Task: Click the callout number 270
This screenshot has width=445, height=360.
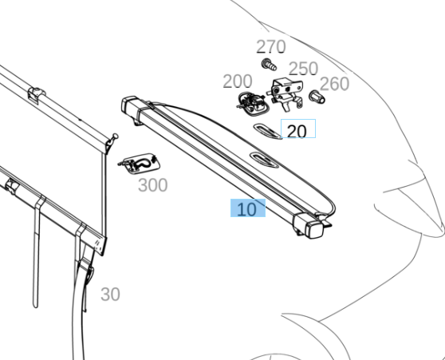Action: (270, 46)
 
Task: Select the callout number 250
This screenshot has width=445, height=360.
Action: (303, 69)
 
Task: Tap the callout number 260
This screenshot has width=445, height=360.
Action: (334, 84)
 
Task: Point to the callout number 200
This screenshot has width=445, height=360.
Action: (238, 81)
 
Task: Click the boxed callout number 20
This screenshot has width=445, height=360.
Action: (297, 131)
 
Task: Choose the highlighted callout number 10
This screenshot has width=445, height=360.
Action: (246, 209)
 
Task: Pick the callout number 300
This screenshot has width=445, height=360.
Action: (152, 185)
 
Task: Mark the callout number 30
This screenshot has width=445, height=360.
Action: (110, 295)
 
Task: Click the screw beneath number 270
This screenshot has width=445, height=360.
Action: (269, 65)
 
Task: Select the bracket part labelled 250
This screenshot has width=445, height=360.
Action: (285, 93)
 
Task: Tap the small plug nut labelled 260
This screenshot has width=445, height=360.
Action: (317, 97)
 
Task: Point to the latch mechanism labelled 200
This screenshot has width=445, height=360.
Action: (250, 104)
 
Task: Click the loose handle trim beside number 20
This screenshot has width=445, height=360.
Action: (267, 131)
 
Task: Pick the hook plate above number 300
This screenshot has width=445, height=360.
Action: (139, 164)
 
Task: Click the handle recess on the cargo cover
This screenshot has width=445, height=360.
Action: (264, 160)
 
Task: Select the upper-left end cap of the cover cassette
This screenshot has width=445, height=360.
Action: (132, 107)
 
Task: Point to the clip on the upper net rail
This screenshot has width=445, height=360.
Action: (37, 95)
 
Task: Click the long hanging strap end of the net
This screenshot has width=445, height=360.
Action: (36, 255)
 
